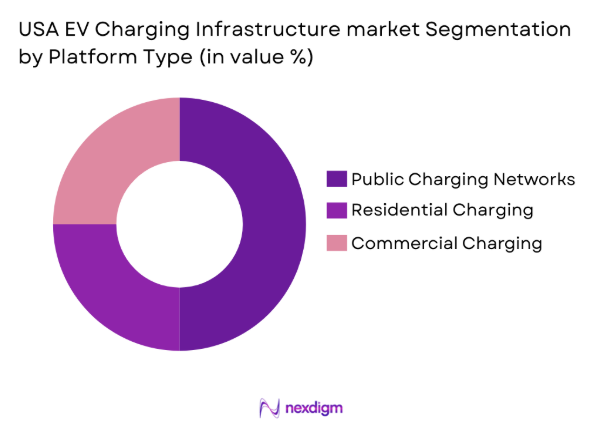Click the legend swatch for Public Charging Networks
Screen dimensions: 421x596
(x=336, y=179)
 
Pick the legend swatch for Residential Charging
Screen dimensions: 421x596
(x=336, y=210)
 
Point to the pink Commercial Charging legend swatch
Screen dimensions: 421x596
(x=336, y=242)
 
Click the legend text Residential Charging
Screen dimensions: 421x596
(x=442, y=210)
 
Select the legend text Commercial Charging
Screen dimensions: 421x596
(x=446, y=242)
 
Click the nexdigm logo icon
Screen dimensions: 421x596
(x=268, y=407)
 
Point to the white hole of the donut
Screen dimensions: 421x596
(x=180, y=224)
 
